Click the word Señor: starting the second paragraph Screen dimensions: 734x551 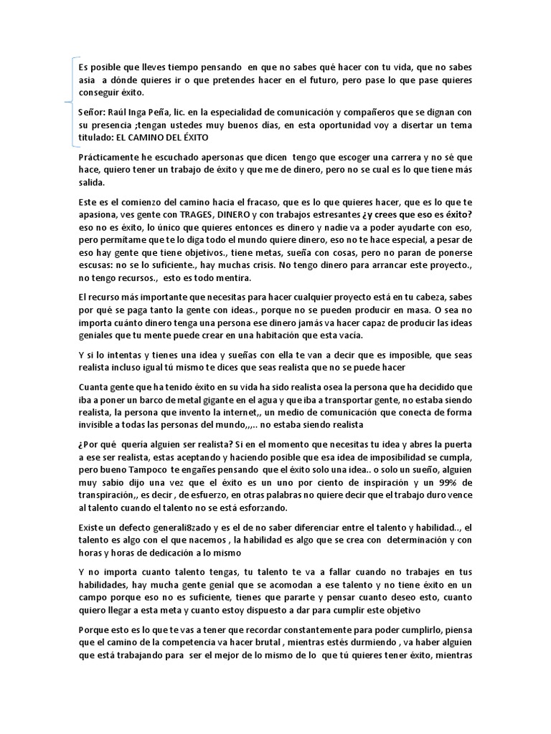point(95,113)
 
